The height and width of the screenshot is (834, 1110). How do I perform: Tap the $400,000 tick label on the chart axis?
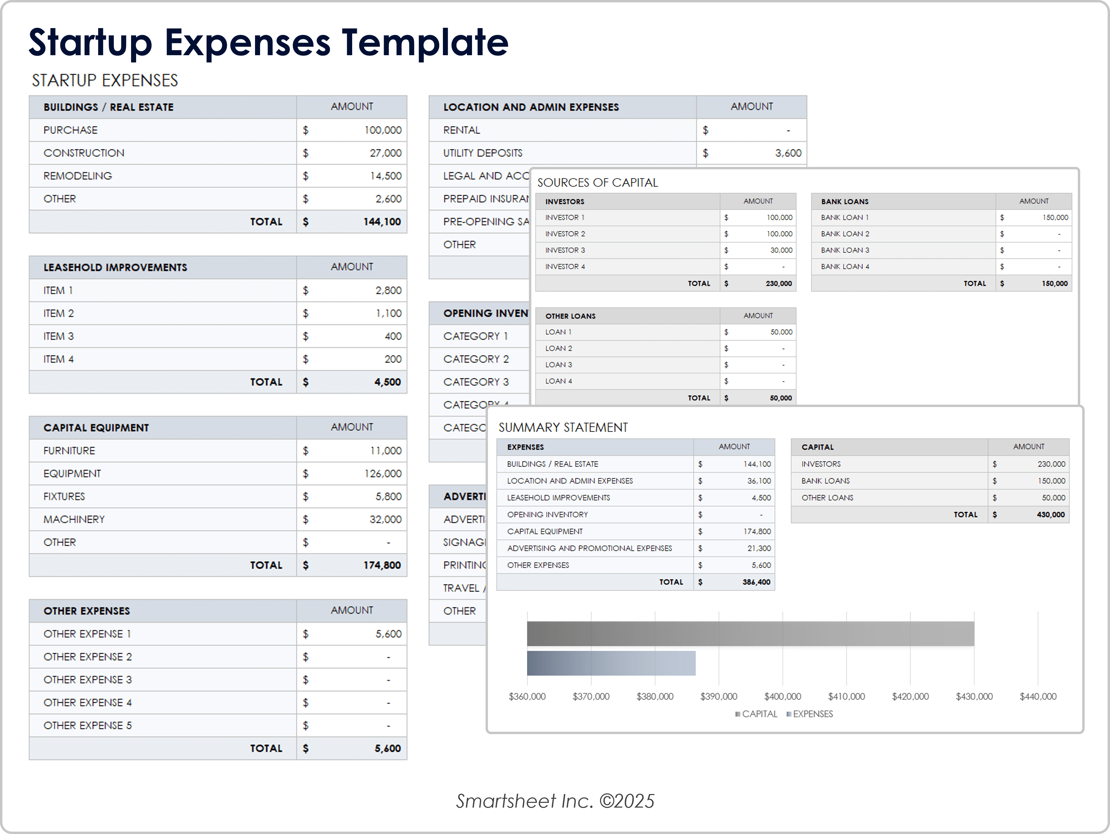coord(782,697)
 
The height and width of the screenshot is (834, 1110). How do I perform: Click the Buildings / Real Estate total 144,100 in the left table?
coord(382,222)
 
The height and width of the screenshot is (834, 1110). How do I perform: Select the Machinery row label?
coord(74,519)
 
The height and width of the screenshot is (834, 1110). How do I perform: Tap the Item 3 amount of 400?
coord(393,336)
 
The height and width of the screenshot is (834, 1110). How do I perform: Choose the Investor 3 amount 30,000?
coord(781,250)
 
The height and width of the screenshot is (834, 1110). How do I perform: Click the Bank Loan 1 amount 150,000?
coord(1055,217)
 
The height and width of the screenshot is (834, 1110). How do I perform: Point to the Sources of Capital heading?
coord(597,183)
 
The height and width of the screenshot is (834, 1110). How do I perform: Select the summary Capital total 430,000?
coord(1050,514)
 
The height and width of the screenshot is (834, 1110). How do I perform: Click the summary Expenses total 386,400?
coord(756,582)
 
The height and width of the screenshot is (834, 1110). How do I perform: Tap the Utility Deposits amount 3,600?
coord(788,153)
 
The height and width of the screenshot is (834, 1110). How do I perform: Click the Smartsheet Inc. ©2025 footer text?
coord(555,801)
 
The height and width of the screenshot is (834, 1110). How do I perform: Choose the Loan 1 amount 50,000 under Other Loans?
coord(781,332)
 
